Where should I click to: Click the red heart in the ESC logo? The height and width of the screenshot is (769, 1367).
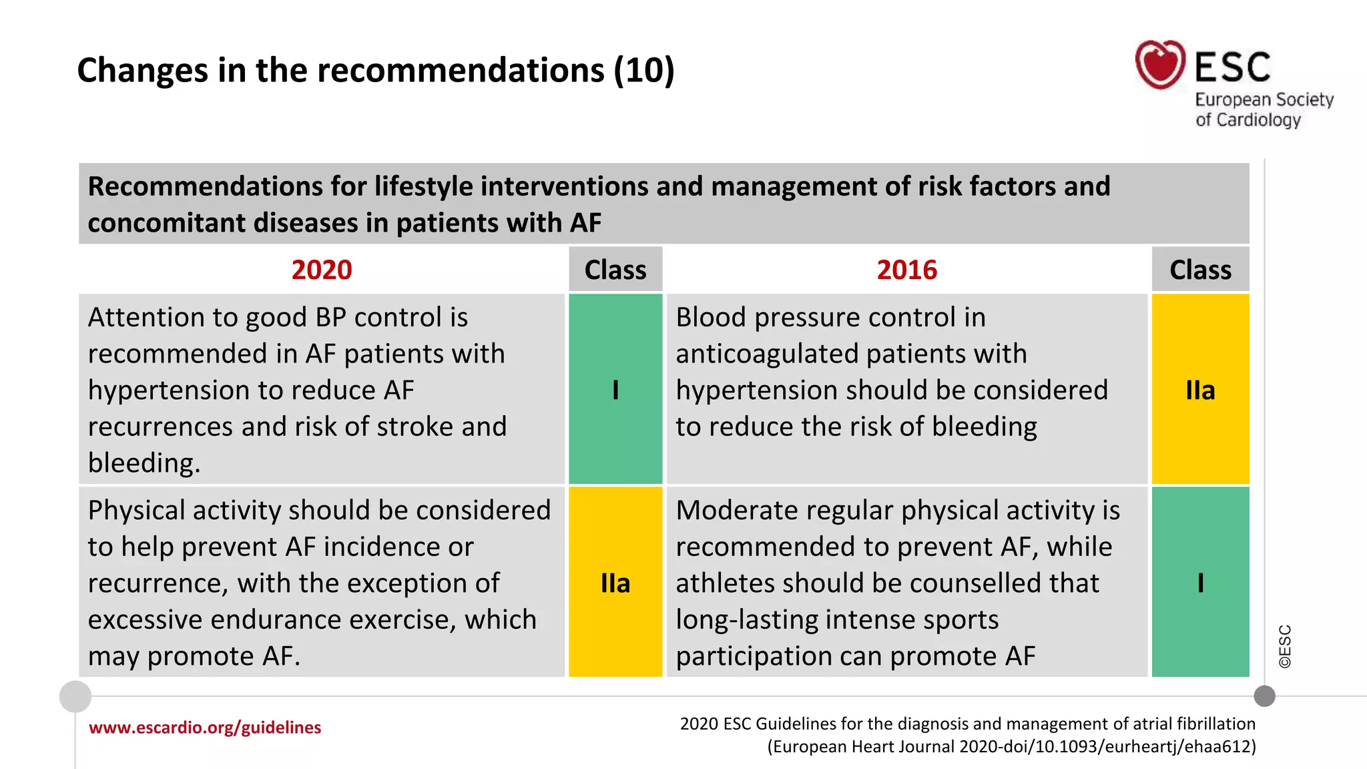coord(1160,65)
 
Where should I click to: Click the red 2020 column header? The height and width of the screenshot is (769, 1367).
coord(321,270)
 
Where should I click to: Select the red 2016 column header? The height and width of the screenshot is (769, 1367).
coord(906,270)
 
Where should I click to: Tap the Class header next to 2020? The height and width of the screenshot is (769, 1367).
coord(615,270)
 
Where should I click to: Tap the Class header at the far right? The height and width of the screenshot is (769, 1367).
coord(1200,270)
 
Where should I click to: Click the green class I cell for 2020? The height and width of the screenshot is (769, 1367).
coord(615,389)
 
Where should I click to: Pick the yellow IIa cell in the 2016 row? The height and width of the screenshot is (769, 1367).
coord(1200,389)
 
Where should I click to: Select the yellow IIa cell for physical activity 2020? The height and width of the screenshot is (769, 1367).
coord(615,582)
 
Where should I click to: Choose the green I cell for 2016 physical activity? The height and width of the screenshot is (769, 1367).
coord(1200,582)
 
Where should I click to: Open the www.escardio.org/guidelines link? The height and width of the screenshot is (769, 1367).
coord(205,727)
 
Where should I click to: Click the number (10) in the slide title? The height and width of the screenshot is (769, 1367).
coord(644,70)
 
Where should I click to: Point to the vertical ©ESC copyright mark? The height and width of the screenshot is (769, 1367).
coord(1285,646)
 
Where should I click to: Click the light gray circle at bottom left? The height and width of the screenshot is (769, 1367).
coord(75,696)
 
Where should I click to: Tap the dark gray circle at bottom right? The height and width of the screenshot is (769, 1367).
coord(1264,696)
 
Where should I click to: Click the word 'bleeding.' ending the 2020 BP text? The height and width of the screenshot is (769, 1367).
coord(144,463)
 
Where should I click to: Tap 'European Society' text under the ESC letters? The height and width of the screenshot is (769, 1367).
coord(1264,99)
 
